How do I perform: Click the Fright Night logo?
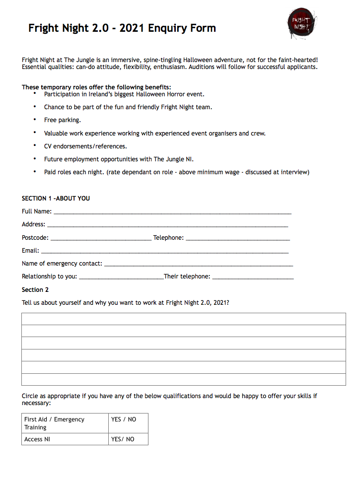(x=301, y=24)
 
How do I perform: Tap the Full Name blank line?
(x=172, y=212)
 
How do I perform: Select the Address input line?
(x=167, y=225)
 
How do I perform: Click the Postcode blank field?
(x=101, y=238)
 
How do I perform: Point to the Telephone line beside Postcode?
(x=237, y=238)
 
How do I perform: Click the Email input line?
(x=164, y=251)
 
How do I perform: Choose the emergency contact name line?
(x=199, y=264)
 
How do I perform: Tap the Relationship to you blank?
(x=121, y=277)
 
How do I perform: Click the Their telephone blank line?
(x=253, y=277)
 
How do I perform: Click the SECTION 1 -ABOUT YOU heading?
(x=56, y=199)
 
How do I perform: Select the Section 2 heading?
(x=35, y=290)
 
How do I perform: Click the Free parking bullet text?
(x=62, y=120)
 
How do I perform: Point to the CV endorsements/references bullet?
(x=85, y=146)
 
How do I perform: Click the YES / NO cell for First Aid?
(x=128, y=423)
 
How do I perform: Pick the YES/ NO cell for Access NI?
(x=128, y=439)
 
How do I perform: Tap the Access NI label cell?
(x=65, y=439)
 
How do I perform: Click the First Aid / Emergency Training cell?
(x=65, y=423)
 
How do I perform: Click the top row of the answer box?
(x=183, y=319)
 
